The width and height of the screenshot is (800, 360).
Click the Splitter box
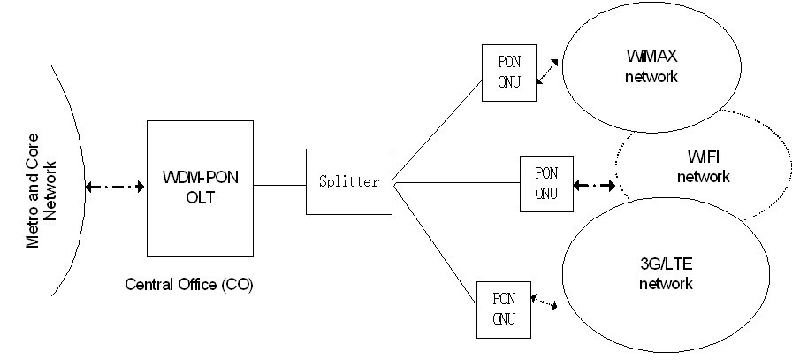click(x=348, y=182)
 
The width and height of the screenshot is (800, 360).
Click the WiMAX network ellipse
click(x=651, y=68)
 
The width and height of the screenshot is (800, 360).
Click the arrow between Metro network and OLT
click(x=114, y=187)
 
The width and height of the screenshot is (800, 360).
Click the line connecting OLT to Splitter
click(x=279, y=186)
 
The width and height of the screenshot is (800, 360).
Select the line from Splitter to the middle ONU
click(x=455, y=185)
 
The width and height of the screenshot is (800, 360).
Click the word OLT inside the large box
click(x=199, y=199)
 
